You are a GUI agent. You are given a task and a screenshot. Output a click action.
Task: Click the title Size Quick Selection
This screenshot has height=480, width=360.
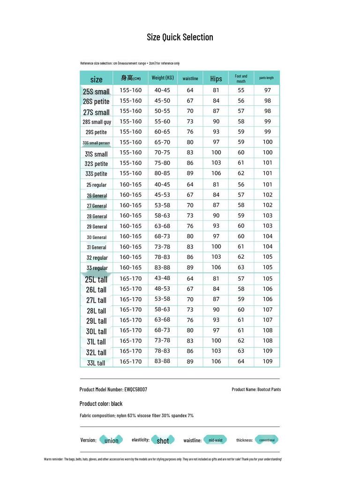[180, 37]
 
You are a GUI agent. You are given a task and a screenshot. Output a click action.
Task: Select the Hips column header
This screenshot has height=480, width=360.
[216, 79]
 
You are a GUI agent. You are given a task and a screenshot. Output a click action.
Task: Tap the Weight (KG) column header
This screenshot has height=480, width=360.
[162, 78]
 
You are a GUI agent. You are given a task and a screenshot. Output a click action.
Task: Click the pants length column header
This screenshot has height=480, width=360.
[267, 78]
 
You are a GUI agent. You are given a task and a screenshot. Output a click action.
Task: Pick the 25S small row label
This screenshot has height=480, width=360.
[96, 91]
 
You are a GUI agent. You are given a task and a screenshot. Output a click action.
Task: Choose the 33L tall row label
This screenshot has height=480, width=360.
[96, 363]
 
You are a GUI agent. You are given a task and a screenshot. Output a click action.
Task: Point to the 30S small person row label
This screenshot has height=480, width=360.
[96, 143]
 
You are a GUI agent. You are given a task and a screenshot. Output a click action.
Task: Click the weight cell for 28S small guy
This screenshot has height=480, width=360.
[162, 121]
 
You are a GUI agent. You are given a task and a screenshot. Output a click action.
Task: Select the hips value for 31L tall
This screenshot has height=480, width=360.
[216, 341]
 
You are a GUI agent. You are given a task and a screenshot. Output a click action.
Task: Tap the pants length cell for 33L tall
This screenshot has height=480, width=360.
[267, 361]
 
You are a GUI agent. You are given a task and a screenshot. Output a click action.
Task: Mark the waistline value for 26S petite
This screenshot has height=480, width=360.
[190, 101]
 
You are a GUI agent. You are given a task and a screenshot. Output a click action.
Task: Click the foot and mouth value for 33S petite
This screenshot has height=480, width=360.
[241, 173]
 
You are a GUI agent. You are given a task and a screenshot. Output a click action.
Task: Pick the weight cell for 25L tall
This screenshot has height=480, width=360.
[162, 278]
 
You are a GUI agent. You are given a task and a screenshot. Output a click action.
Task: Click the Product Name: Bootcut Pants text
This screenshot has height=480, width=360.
[256, 390]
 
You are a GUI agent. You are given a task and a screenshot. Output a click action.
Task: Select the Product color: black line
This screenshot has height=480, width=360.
[101, 404]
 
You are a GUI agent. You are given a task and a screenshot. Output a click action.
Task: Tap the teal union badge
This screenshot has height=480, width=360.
[111, 440]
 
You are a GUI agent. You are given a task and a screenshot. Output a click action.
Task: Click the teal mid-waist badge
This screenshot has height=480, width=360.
[216, 440]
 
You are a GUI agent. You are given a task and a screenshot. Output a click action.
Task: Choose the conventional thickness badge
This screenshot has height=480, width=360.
[267, 440]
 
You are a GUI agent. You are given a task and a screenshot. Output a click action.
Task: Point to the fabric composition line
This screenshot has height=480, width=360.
[136, 415]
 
